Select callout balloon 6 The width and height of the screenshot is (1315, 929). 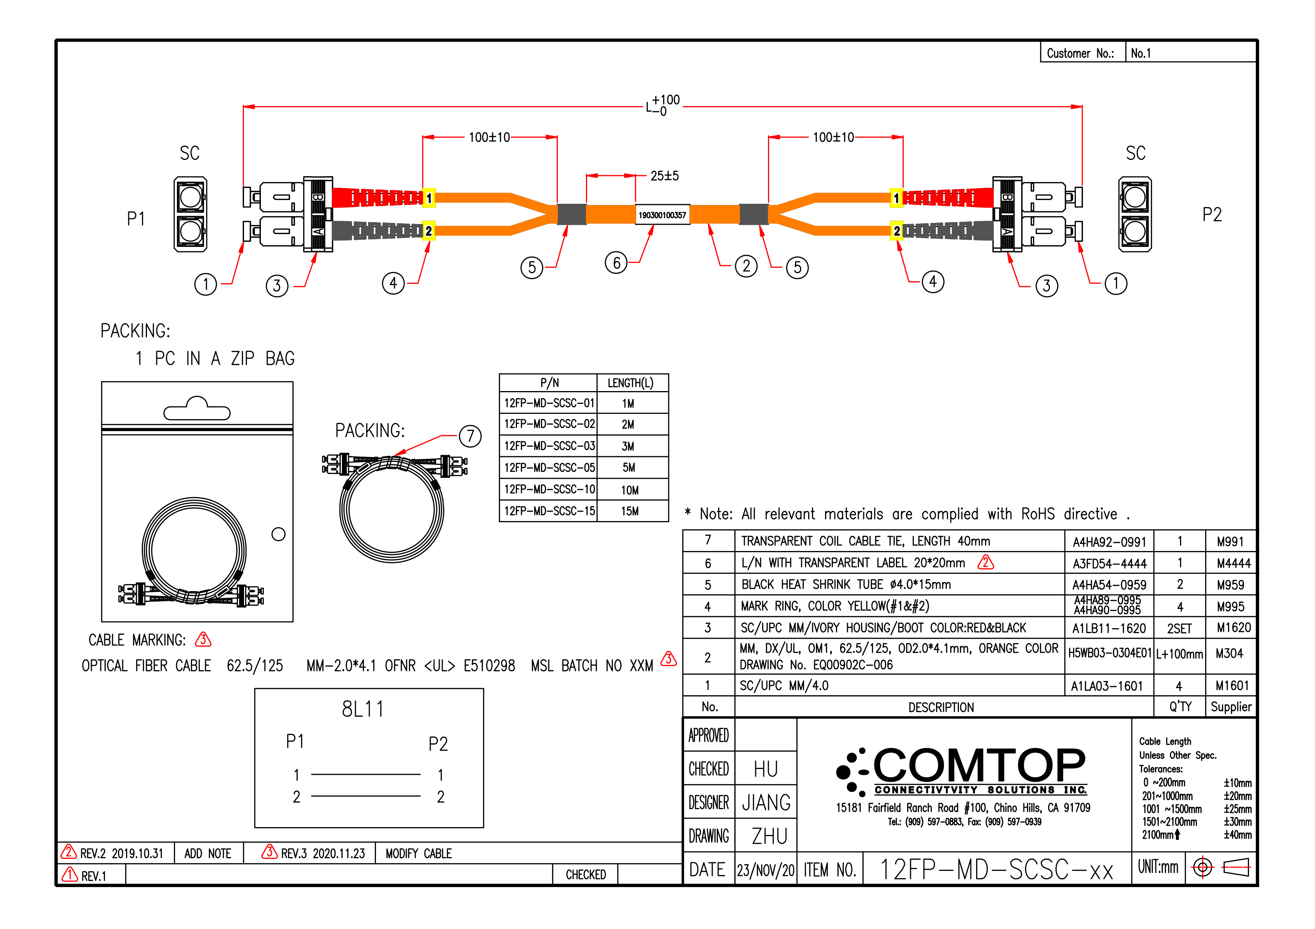point(616,263)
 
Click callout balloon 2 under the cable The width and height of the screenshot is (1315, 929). point(746,266)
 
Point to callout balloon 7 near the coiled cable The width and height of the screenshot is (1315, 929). point(470,436)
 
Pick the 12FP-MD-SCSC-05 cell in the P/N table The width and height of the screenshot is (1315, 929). point(549,467)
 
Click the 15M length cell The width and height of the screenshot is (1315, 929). point(630,511)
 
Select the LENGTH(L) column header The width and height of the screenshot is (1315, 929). point(630,383)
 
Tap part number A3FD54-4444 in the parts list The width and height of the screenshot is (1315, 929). point(1109,564)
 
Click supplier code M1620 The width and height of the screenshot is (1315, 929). point(1234,628)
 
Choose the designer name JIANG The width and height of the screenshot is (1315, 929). point(766,802)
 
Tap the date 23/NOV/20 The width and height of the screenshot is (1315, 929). point(766,871)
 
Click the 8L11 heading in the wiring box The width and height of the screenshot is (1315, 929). point(363,709)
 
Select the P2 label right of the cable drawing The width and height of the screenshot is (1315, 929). point(1212,215)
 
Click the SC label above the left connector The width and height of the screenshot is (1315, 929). point(190,154)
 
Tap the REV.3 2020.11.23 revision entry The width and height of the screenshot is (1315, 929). point(314,853)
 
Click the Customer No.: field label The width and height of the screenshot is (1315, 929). point(1080,53)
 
